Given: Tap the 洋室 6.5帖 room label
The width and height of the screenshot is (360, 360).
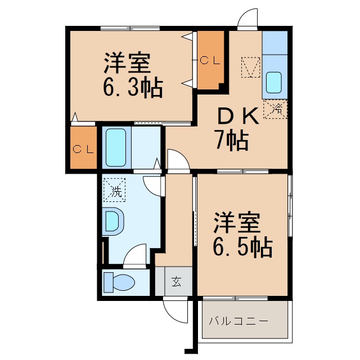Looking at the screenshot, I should click(x=242, y=234).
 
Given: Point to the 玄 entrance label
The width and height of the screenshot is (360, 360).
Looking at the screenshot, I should click(x=176, y=281).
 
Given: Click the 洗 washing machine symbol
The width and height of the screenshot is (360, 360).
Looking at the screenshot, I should click(x=116, y=190).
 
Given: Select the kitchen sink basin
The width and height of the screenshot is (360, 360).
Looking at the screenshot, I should click(x=275, y=83).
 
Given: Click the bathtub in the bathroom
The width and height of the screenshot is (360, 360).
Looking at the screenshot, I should click(x=116, y=147).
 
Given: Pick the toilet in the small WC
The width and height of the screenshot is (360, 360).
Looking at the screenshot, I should click(x=120, y=282).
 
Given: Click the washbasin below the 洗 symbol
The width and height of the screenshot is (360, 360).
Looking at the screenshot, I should click(x=113, y=222).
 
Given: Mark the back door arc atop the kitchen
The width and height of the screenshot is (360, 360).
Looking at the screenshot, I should click(x=247, y=20).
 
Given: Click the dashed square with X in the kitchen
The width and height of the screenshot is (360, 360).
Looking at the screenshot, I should click(x=250, y=67).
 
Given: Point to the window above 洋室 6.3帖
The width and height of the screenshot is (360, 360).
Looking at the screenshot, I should click(x=129, y=28).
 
